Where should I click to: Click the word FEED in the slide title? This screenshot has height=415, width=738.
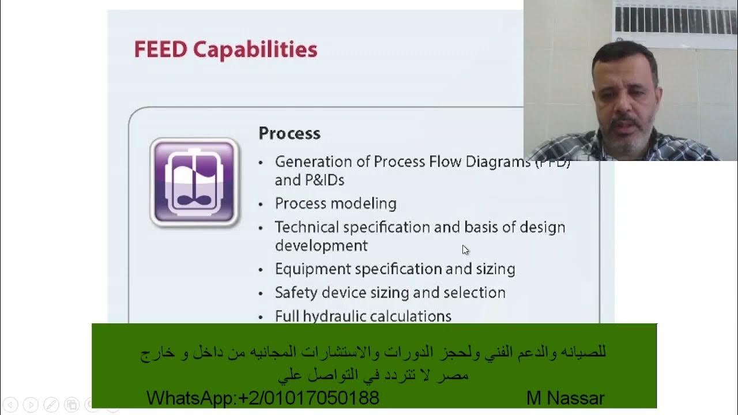coord(160,50)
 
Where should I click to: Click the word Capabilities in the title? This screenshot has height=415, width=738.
coord(255,50)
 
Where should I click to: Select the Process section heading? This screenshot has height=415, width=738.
coord(289,133)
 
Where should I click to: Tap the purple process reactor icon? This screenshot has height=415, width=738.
coord(194,182)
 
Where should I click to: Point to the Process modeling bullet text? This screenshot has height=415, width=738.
coord(336,203)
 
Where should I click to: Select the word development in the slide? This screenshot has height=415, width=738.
coord(321,246)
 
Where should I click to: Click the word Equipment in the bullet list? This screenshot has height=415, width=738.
coord(312,269)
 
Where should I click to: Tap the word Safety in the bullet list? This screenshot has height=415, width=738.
coord(295,293)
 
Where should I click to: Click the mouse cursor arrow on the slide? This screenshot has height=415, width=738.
coord(465,250)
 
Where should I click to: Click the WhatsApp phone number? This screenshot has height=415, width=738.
coord(308,398)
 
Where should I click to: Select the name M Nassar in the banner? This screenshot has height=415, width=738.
coord(565,398)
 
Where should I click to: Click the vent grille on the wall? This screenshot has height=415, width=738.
coord(675,19)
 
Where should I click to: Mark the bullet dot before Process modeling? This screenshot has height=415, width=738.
coord(261,205)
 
